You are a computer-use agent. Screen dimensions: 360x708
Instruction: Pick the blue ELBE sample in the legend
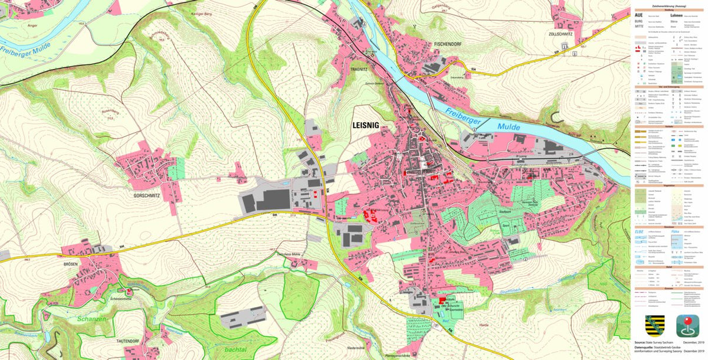click(639, 232)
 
